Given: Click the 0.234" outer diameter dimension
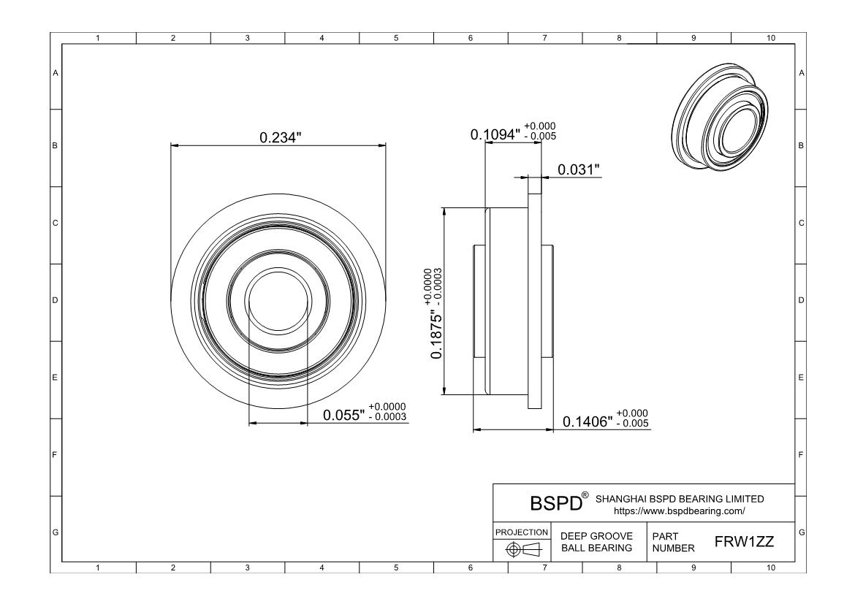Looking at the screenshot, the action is click(281, 137).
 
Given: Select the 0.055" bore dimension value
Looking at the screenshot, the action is click(343, 416).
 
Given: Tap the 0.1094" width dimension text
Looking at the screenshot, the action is click(495, 134).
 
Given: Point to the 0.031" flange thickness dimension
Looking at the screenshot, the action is click(579, 169).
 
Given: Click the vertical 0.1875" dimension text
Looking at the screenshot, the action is click(437, 335).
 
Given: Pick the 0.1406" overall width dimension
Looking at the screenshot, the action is click(588, 421).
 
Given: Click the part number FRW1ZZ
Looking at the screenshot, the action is click(745, 542).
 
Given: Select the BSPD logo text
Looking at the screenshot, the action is click(556, 503).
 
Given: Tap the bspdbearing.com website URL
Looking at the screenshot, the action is click(680, 511).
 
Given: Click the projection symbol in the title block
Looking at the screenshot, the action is click(523, 549).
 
